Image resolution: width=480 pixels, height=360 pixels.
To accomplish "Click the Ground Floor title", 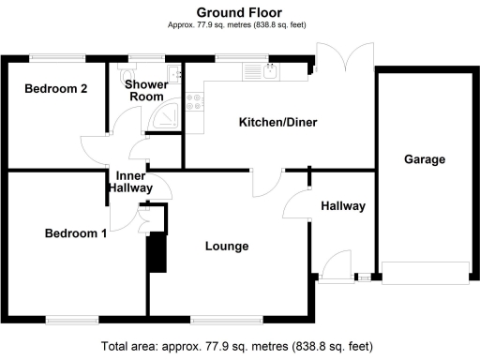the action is pyautogui.click(x=239, y=12).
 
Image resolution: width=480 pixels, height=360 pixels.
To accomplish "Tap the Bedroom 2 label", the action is pyautogui.click(x=56, y=89).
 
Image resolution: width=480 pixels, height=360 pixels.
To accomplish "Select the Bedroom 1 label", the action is pyautogui.click(x=76, y=233).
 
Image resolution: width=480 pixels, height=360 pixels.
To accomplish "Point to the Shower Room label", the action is pyautogui.click(x=146, y=90).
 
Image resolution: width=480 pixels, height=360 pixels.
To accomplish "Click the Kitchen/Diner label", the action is pyautogui.click(x=278, y=122).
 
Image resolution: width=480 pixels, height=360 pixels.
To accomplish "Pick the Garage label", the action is pyautogui.click(x=425, y=159).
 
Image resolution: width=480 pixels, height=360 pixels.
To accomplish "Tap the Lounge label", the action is pyautogui.click(x=227, y=247).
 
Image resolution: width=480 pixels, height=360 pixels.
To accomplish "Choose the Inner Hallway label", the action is pyautogui.click(x=130, y=182).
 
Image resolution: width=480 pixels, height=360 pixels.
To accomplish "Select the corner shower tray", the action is pyautogui.click(x=165, y=114).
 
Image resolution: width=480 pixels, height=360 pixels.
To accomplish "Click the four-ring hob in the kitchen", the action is pyautogui.click(x=194, y=102).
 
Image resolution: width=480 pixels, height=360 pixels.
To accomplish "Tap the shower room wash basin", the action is pyautogui.click(x=173, y=74).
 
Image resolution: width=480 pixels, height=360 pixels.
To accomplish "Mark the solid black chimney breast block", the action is pyautogui.click(x=157, y=253).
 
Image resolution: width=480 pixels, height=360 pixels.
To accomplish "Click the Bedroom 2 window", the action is pyautogui.click(x=57, y=57).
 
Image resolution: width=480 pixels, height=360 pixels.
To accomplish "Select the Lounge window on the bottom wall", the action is pyautogui.click(x=227, y=320).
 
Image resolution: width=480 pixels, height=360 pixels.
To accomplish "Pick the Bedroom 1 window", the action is pyautogui.click(x=72, y=320).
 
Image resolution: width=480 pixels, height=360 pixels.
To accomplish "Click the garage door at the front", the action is pyautogui.click(x=426, y=273).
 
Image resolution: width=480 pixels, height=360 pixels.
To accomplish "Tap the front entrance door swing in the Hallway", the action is pyautogui.click(x=337, y=265).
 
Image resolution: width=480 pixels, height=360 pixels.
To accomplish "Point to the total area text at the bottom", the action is pyautogui.click(x=237, y=347).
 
